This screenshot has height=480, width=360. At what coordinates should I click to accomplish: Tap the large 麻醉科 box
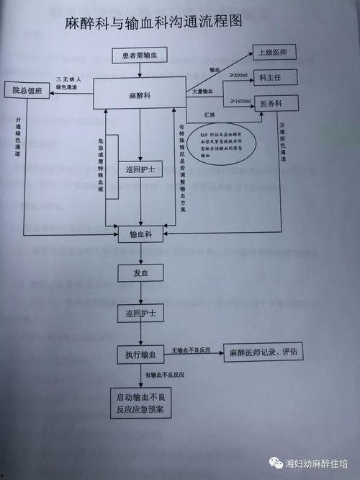tap(140, 94)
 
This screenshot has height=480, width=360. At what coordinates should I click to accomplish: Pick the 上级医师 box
tap(273, 53)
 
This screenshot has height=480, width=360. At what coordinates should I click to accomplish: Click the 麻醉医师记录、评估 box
tap(264, 353)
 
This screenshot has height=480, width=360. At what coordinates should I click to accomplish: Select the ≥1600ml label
tap(240, 102)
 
